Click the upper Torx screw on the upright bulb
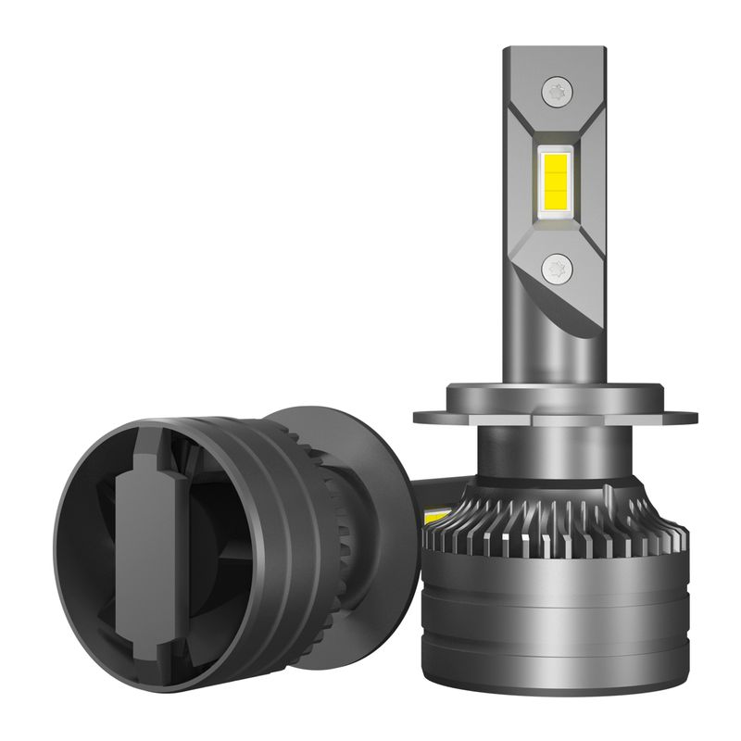point(558,90)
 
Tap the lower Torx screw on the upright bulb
point(558,269)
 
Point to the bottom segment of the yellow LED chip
point(557,203)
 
